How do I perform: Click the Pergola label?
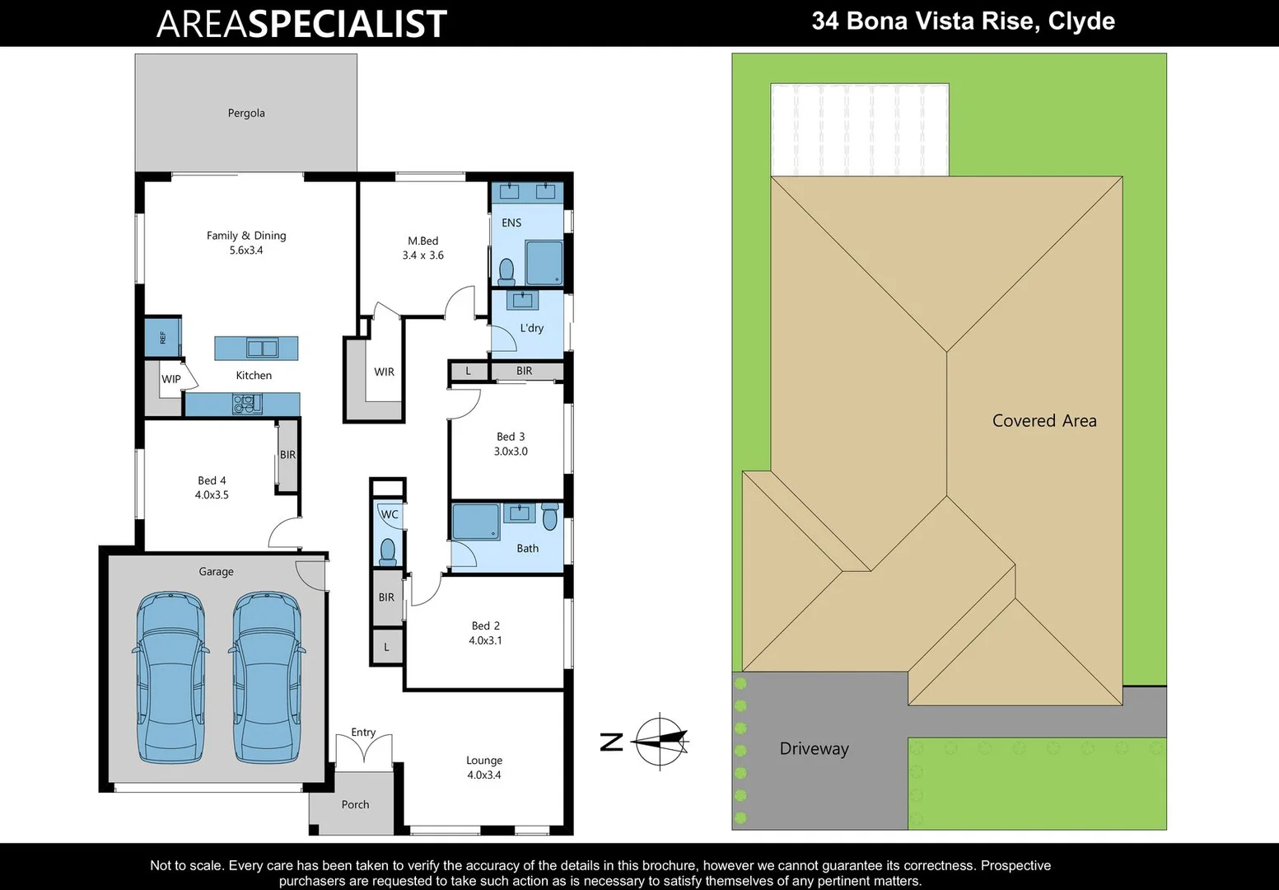click(246, 113)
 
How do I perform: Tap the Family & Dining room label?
click(246, 236)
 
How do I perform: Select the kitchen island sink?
click(262, 348)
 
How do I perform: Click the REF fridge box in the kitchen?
click(162, 337)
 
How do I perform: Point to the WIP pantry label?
click(170, 379)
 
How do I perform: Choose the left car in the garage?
click(170, 677)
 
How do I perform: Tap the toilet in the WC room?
click(388, 550)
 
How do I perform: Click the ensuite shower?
click(544, 263)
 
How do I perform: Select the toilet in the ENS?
click(506, 270)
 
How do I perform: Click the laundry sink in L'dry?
click(522, 300)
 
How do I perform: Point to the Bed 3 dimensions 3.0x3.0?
click(511, 452)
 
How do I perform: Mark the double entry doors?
click(363, 750)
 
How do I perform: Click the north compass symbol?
click(659, 742)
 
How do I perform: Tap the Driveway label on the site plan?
click(814, 748)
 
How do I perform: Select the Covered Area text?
click(1043, 420)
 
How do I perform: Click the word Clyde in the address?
click(1081, 21)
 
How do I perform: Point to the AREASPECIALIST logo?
click(301, 24)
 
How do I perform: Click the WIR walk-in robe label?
click(384, 372)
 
